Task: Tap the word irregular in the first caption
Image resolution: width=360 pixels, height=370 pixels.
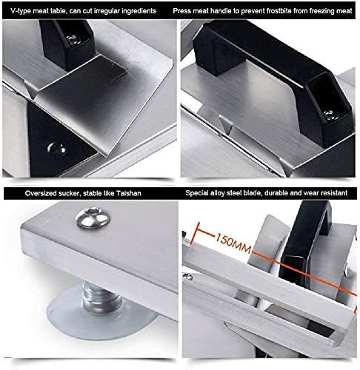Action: pyautogui.click(x=112, y=12)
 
